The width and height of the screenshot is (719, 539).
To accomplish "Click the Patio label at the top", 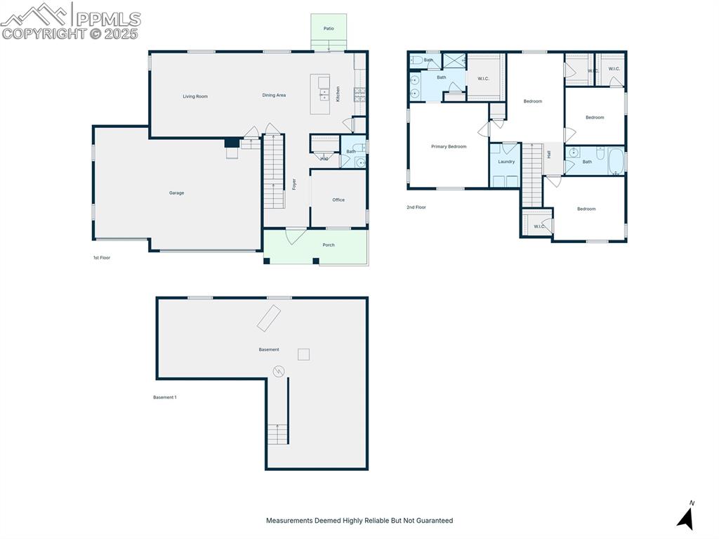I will click(x=329, y=29).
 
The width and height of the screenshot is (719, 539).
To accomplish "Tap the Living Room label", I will click(x=195, y=96).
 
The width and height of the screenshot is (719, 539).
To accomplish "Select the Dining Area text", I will click(x=274, y=96).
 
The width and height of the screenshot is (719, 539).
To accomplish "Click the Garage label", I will click(x=176, y=193).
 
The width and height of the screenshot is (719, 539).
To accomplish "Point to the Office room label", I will click(x=338, y=200).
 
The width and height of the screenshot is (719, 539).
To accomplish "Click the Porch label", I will click(x=329, y=245).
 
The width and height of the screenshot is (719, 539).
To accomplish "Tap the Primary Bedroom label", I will click(x=449, y=146).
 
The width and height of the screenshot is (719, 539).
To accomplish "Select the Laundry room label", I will click(x=506, y=162).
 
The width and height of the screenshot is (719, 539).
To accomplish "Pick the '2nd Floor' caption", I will click(x=416, y=207).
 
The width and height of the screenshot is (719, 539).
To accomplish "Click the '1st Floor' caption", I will click(x=102, y=258).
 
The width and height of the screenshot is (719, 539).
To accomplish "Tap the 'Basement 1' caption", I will click(x=165, y=397).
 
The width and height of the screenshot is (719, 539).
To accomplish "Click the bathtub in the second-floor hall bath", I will click(x=616, y=162).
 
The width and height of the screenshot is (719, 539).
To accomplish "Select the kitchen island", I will click(x=320, y=93).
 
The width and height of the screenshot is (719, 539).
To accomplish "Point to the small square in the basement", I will click(x=303, y=354).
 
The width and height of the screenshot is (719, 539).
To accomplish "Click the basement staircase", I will click(x=278, y=434).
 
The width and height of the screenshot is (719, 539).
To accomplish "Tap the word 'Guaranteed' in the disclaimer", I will click(x=435, y=521).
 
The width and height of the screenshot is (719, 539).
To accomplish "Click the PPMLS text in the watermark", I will click(x=107, y=18).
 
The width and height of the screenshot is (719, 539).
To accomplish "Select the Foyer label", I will click(x=294, y=184).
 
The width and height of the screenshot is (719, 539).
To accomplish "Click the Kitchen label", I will click(x=338, y=94).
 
